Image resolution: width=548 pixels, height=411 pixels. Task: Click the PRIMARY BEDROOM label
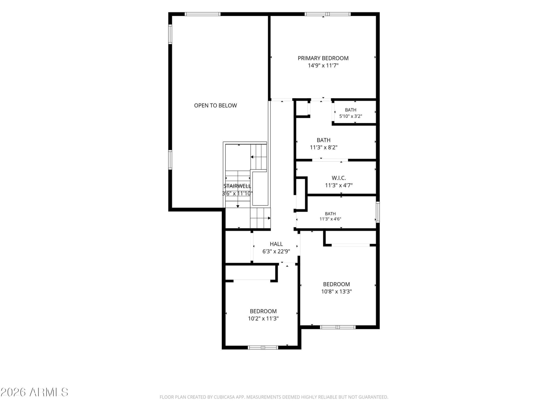click(323, 58)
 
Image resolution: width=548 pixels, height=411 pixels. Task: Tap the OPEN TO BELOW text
click(215, 105)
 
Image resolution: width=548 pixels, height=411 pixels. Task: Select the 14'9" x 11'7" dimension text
click(323, 65)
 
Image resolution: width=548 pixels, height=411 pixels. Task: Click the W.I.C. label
click(338, 178)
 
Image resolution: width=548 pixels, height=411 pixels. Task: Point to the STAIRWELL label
click(237, 186)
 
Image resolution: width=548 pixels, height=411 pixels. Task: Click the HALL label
click(276, 244)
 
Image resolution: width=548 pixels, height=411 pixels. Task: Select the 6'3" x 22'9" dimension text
click(276, 251)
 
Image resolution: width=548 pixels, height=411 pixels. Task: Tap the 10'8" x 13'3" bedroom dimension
click(336, 291)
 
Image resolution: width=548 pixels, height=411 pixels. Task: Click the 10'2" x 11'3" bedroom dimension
click(263, 318)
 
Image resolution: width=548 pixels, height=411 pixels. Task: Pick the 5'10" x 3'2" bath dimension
click(350, 116)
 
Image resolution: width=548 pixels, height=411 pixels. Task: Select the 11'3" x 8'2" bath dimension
click(324, 147)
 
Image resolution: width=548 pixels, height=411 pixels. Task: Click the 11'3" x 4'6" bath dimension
click(330, 219)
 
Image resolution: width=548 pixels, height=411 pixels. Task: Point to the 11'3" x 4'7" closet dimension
click(338, 185)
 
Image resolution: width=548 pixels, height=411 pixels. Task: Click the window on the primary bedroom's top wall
click(327, 14)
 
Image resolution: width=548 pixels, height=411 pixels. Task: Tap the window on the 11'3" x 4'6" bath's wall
click(378, 212)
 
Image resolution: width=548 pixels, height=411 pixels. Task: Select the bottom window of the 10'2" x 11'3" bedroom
click(263, 347)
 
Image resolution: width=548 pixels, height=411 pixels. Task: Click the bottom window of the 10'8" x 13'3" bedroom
click(338, 327)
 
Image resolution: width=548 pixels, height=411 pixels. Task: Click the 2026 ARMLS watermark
click(34, 392)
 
